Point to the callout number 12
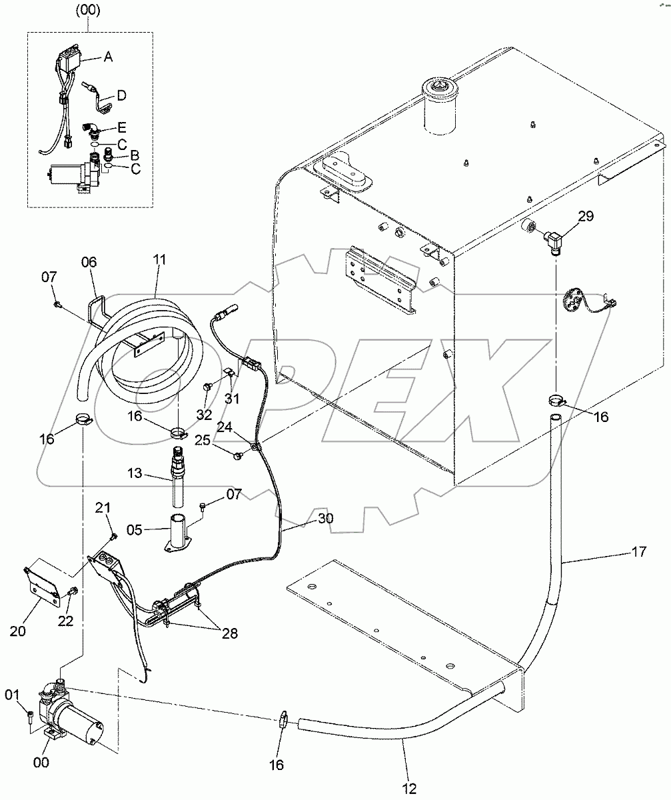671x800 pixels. (409, 789)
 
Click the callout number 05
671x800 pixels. (134, 531)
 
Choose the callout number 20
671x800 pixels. (17, 630)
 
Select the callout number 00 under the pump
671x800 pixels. (41, 763)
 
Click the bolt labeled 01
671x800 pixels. (29, 716)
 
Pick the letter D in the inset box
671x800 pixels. (121, 95)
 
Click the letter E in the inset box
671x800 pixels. (121, 126)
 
